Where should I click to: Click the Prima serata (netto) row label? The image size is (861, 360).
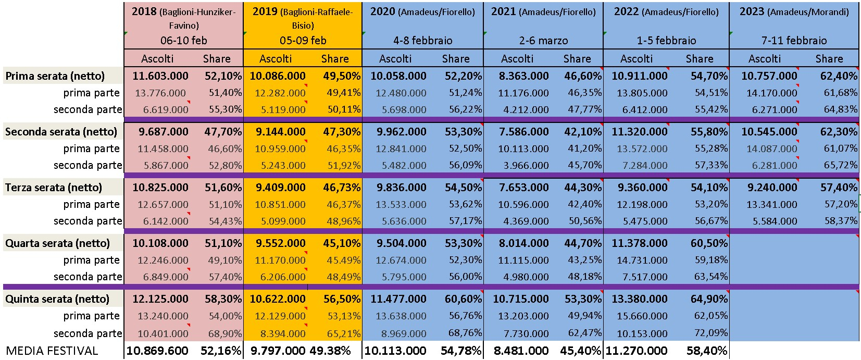pos(55,76)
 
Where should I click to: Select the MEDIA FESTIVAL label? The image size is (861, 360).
pos(52,351)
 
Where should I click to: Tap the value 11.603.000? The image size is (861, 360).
pos(160,76)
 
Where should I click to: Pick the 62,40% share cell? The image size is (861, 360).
pos(839,76)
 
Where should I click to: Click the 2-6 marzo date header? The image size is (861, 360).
pos(543,41)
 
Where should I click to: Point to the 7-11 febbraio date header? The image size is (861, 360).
pos(794,41)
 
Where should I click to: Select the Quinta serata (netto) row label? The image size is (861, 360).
pos(57,299)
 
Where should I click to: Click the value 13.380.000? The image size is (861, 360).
pos(640,299)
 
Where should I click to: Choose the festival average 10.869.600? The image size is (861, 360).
pos(157,351)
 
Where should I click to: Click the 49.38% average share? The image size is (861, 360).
pos(330,351)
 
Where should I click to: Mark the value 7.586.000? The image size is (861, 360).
pos(524,131)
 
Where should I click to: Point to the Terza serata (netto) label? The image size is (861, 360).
pos(54,188)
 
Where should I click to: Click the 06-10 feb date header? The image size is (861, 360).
pos(184,41)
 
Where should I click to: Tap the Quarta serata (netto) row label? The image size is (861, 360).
pos(57,243)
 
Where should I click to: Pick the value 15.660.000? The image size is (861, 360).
pos(642,316)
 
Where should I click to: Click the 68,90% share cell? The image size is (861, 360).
pos(225,333)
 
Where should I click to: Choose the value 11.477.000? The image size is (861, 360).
pos(398,299)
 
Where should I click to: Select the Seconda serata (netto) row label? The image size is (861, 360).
pos(61,131)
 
